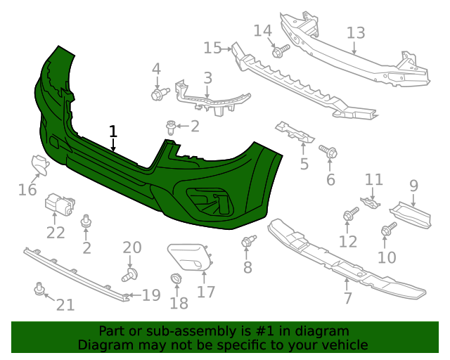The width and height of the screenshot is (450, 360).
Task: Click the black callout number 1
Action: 113,131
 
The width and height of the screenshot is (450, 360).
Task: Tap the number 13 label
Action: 356,32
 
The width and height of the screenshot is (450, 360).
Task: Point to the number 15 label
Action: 212,47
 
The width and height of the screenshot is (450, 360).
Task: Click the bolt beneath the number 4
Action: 158,93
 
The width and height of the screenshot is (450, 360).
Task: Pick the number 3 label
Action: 208,77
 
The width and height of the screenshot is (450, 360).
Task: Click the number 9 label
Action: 413,186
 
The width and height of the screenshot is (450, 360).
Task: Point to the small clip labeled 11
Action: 371,203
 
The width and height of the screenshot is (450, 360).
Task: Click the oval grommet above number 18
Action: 176,280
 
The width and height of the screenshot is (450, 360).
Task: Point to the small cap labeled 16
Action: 39,165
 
